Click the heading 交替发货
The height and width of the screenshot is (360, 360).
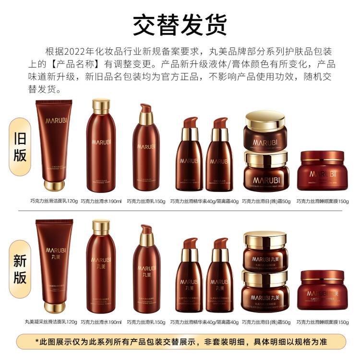pyautogui.click(x=180, y=24)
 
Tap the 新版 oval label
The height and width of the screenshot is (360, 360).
pyautogui.click(x=20, y=269)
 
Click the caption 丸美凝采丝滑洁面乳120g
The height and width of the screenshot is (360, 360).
pyautogui.click(x=51, y=322)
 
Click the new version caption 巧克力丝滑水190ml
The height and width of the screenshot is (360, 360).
pyautogui.click(x=101, y=322)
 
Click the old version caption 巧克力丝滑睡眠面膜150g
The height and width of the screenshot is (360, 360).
pyautogui.click(x=323, y=202)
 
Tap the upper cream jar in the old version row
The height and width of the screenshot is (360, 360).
pyautogui.click(x=265, y=130)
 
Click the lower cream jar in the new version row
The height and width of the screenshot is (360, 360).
pyautogui.click(x=265, y=291)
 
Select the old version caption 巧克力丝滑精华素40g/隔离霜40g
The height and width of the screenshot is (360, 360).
pyautogui.click(x=204, y=202)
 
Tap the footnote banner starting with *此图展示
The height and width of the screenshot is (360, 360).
pyautogui.click(x=180, y=342)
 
